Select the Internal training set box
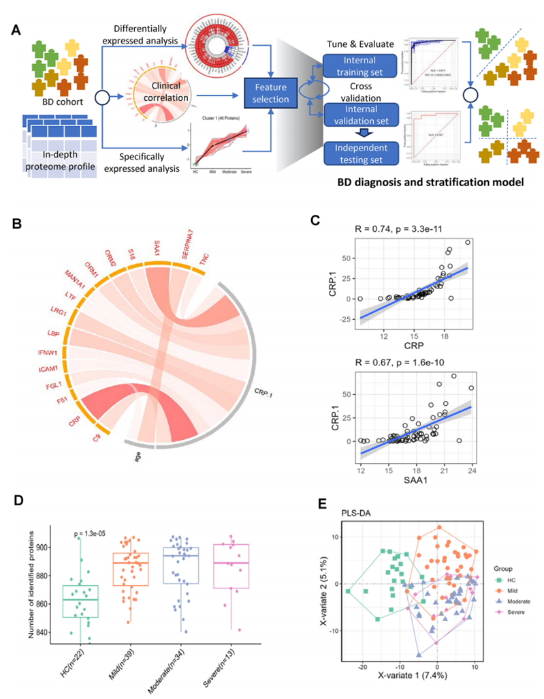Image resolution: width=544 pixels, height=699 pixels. point(359,67)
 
